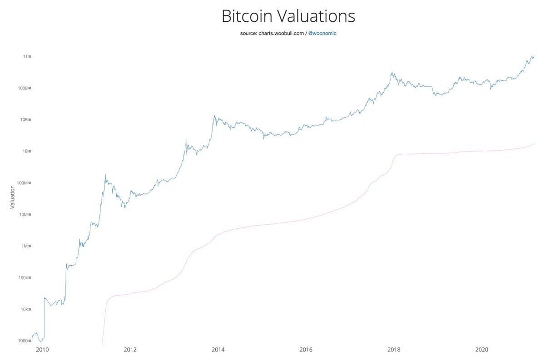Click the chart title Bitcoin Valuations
[x=288, y=17]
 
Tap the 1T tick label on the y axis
[x=25, y=56]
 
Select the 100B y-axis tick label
[x=23, y=88]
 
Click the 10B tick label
[x=24, y=120]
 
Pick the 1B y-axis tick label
[x=25, y=151]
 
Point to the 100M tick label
[x=23, y=183]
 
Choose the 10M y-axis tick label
[x=24, y=215]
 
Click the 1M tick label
[x=25, y=246]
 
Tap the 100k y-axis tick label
[x=23, y=278]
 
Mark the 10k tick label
[x=24, y=310]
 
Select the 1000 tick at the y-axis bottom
[x=23, y=341]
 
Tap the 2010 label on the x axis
[x=42, y=350]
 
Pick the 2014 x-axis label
[x=218, y=350]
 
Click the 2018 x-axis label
[x=394, y=350]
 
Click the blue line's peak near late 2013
[x=214, y=116]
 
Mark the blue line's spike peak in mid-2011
[x=105, y=174]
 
